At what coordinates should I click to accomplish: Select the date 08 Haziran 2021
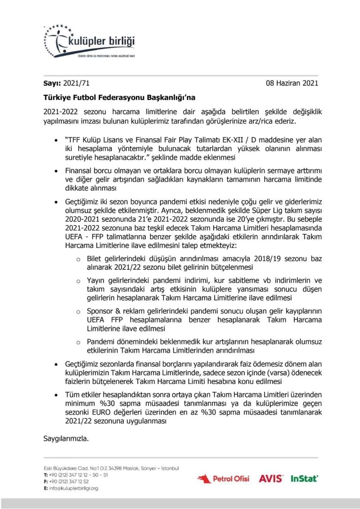292,83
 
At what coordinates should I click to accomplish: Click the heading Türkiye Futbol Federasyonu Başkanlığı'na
119,96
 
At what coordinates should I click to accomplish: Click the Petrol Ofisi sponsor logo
223,478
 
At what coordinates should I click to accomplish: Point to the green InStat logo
304,478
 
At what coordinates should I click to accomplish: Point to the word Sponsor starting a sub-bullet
101,311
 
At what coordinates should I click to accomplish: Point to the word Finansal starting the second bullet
81,171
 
